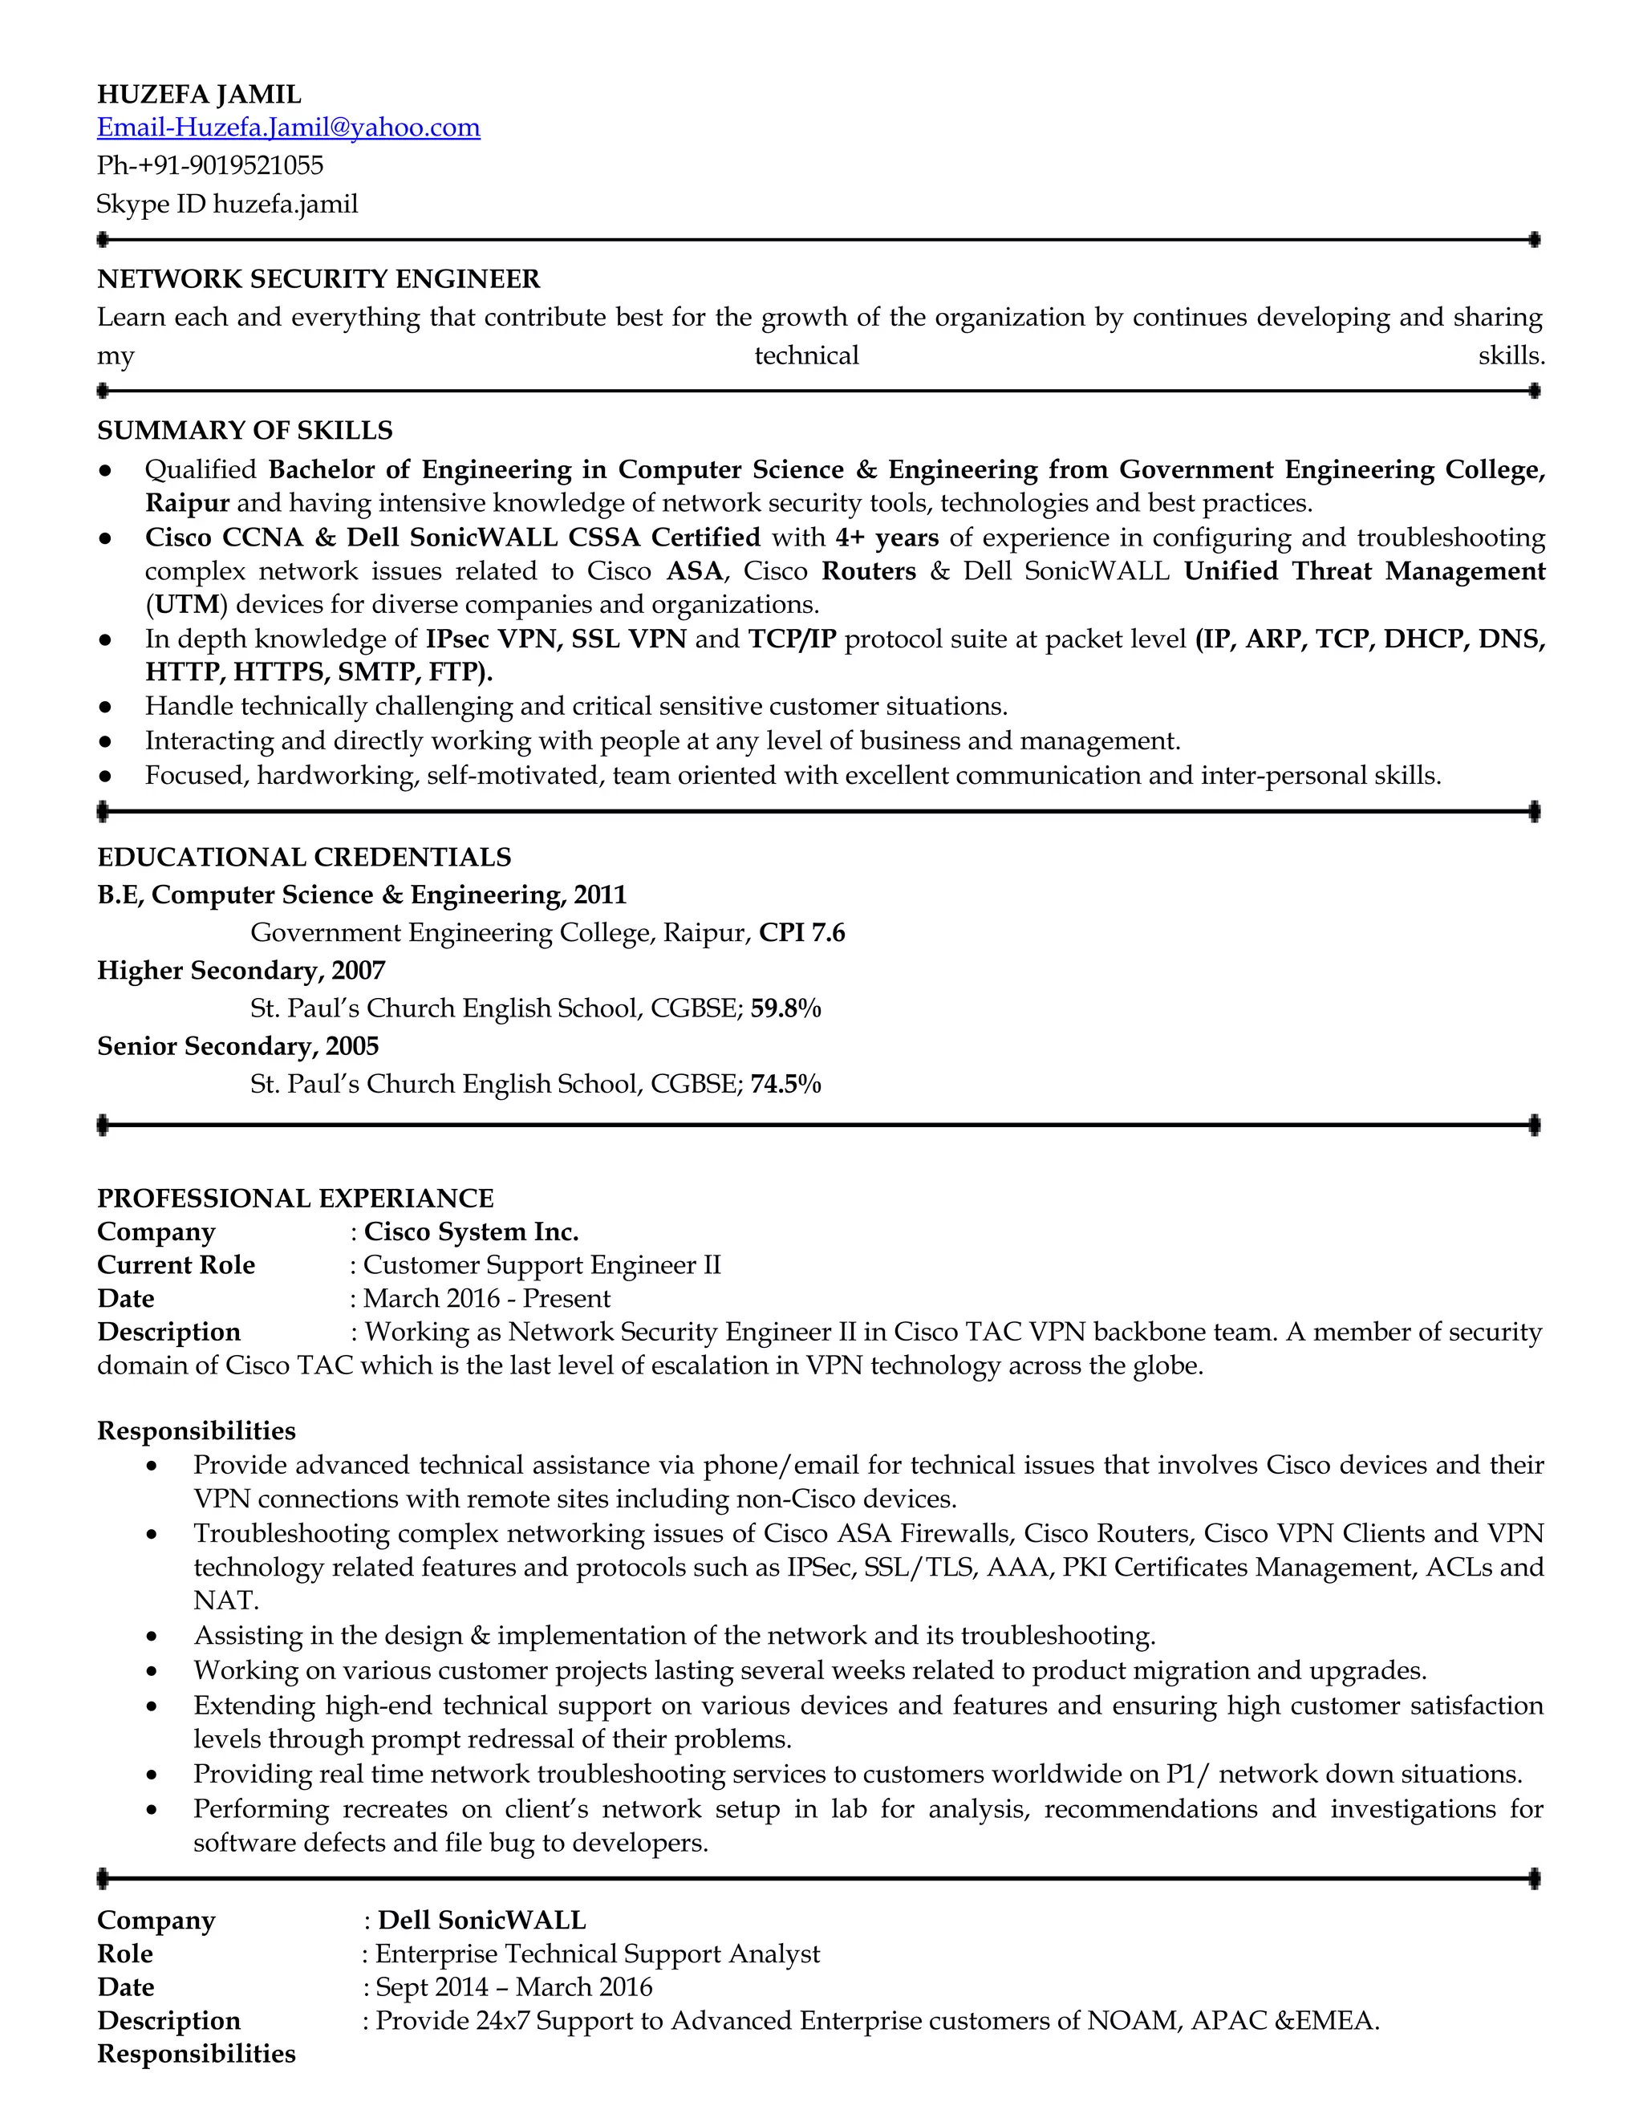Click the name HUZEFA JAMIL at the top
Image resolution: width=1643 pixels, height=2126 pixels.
point(199,95)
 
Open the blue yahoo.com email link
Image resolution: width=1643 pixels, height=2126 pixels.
point(288,128)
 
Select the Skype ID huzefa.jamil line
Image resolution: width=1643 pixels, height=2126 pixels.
point(227,205)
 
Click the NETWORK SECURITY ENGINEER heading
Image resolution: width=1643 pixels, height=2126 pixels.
point(318,279)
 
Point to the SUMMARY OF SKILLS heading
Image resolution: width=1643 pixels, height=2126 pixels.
point(245,430)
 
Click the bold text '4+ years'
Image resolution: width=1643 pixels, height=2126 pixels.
point(886,538)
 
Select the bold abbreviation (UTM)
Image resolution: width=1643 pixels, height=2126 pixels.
point(186,605)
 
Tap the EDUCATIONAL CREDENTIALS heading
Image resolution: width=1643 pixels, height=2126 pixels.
point(304,857)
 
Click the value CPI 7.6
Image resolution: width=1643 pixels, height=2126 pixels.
point(802,932)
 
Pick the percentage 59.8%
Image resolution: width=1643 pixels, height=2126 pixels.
point(785,1008)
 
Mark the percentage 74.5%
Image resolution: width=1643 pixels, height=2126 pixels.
point(785,1083)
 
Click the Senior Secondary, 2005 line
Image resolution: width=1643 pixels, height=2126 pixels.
point(237,1046)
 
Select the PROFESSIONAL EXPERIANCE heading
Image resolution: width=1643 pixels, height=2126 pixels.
point(295,1199)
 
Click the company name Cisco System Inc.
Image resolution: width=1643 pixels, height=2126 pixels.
point(471,1232)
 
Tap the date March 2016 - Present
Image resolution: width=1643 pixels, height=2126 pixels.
point(487,1299)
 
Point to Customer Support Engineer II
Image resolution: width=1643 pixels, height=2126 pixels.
point(542,1265)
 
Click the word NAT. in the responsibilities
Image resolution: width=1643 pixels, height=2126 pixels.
point(225,1601)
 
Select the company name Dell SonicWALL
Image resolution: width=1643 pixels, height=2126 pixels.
point(482,1921)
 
